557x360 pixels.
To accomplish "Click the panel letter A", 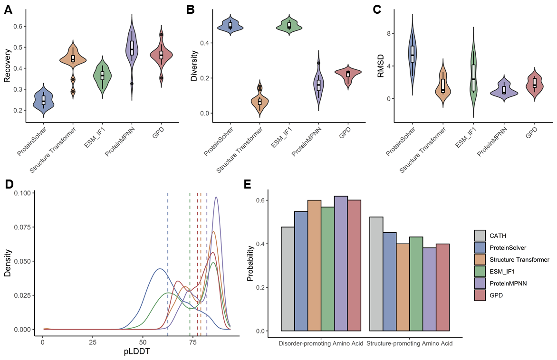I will coord(8,10).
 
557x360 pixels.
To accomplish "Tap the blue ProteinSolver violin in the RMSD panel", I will coord(413,52).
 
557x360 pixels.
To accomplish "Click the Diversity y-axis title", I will coord(194,69).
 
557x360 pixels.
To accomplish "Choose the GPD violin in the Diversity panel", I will coord(348,74).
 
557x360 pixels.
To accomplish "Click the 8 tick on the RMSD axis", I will coord(388,33).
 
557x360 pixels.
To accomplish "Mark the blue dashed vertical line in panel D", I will coord(168,261).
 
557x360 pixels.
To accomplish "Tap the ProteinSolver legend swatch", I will coord(480,247).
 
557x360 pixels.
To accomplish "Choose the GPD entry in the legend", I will coord(497,295).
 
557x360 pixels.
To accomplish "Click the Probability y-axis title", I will coord(250,264).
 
